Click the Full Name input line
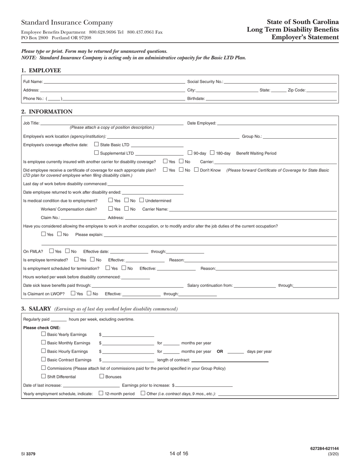114,81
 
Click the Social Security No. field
280,81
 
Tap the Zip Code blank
321,90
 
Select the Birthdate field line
271,99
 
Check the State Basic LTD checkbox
96,144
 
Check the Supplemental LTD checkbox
96,153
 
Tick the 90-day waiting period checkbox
190,153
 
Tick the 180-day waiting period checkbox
212,153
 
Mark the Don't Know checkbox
196,170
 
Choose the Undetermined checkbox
142,200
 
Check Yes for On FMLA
52,251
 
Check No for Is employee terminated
92,260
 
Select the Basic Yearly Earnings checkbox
43,334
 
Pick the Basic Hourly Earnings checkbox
43,351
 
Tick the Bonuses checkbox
102,376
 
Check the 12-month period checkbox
101,393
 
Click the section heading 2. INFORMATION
47,112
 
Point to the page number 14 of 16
179,453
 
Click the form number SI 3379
28,454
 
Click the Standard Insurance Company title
67,23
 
